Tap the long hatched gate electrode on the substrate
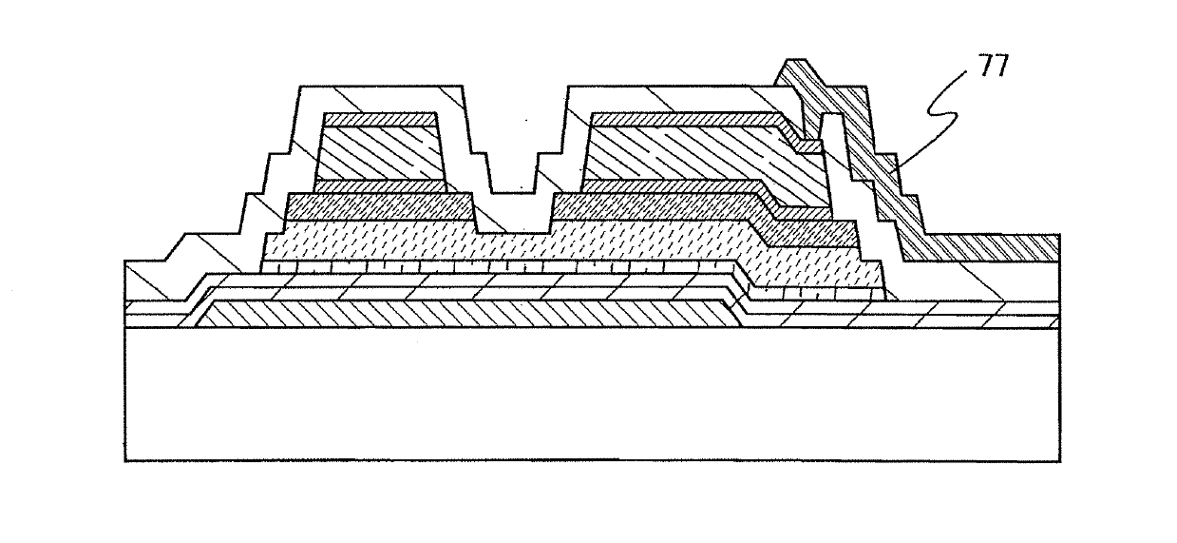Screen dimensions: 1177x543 click(x=465, y=315)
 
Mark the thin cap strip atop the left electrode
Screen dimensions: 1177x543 click(x=380, y=121)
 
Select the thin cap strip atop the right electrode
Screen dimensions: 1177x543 click(x=684, y=119)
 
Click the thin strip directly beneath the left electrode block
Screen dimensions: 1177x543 click(x=380, y=186)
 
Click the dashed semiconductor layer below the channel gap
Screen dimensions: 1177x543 click(x=513, y=247)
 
